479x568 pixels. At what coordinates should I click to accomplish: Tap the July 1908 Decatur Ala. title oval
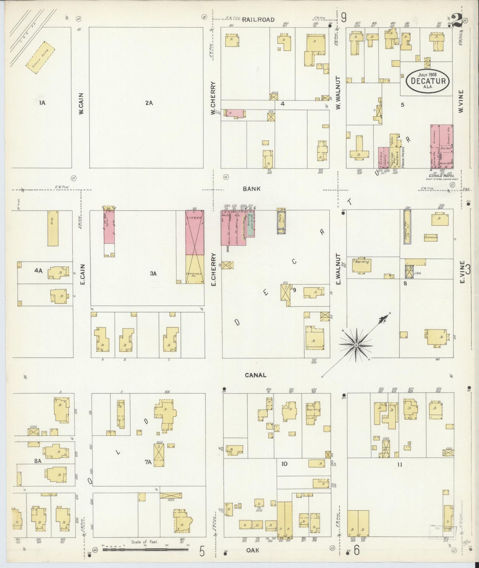point(428,81)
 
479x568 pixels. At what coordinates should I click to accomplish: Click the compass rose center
point(356,345)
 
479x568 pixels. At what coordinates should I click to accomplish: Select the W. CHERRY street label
point(213,99)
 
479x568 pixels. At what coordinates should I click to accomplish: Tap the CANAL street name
point(255,375)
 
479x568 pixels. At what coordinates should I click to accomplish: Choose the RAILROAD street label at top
point(258,20)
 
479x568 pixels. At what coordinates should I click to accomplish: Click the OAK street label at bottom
point(253,550)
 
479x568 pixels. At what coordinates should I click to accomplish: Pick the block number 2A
point(149,103)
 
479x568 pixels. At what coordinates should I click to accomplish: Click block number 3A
point(153,273)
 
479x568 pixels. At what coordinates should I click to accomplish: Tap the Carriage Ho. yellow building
point(195,269)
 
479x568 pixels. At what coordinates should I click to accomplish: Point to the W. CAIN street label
point(81,104)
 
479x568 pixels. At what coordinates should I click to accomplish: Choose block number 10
point(284,464)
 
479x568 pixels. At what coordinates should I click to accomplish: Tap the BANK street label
point(252,189)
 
